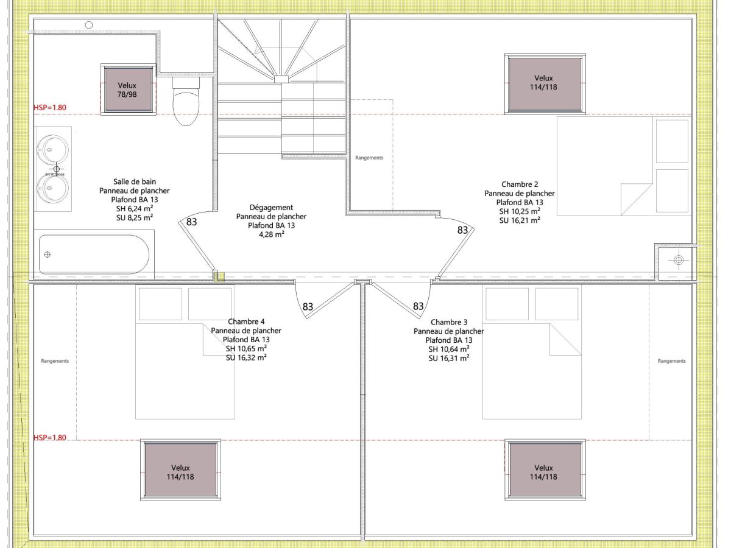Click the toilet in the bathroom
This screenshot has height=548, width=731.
coord(186,101)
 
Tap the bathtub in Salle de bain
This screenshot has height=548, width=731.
coord(94,255)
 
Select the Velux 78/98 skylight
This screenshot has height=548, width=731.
coord(129,90)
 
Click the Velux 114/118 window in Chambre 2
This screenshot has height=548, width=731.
coord(545,84)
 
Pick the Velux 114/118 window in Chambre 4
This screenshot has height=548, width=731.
coord(180,469)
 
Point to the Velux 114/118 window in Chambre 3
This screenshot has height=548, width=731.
coord(545,469)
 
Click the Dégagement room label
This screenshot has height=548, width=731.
coord(271,208)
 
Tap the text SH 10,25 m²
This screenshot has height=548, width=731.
coord(520,211)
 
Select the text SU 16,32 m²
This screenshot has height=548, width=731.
coord(246,357)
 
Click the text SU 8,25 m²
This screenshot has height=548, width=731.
coord(135,218)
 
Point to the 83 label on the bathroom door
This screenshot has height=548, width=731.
coord(191,222)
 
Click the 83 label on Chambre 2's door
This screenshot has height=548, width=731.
coord(462,230)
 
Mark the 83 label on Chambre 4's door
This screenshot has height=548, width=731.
coord(308,306)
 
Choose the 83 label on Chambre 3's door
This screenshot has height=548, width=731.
coord(418,306)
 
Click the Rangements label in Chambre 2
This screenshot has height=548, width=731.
coord(369,158)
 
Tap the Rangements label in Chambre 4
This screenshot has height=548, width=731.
coord(55,361)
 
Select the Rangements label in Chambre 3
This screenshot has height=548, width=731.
coord(672,361)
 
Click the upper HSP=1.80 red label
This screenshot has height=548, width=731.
coord(50,108)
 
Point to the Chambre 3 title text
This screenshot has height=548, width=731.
coord(449,322)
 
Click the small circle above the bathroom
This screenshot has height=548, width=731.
coord(89,25)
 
